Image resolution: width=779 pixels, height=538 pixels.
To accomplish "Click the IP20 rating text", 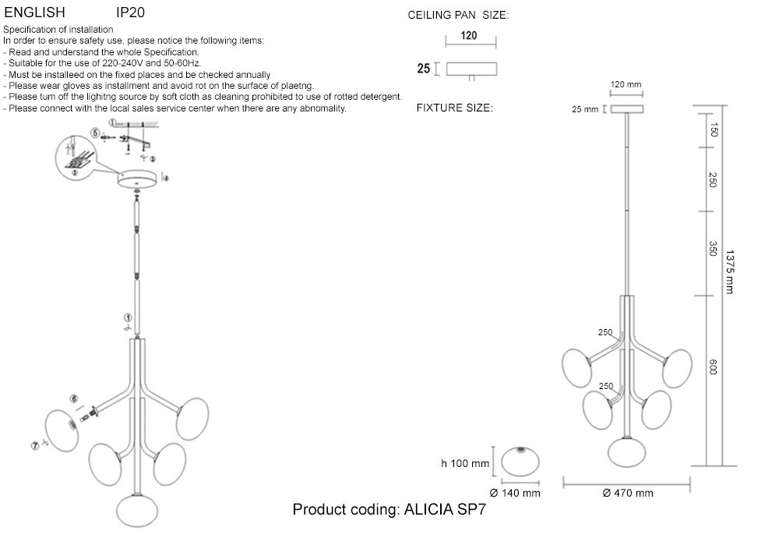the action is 130,12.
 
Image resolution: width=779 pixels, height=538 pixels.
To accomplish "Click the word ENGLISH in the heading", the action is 35,12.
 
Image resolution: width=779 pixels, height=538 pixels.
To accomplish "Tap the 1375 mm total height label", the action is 729,271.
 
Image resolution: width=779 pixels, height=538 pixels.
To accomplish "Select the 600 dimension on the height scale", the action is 713,367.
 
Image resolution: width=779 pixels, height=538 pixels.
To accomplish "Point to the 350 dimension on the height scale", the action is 713,249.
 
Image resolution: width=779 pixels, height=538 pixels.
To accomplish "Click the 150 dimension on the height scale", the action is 713,129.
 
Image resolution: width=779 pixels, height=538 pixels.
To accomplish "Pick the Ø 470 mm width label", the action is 628,494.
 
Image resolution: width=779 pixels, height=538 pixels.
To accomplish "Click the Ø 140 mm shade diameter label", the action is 515,494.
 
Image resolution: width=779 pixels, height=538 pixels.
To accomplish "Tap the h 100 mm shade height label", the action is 465,463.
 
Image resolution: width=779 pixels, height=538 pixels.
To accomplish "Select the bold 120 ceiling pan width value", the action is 468,35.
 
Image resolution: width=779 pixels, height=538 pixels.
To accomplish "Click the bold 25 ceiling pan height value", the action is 423,69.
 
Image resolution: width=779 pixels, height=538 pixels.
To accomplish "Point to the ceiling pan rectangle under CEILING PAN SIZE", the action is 471,69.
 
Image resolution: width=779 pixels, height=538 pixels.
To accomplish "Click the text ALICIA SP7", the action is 445,510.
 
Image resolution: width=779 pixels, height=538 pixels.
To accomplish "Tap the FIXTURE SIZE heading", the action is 455,108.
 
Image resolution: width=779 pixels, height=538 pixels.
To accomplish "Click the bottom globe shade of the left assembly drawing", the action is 137,511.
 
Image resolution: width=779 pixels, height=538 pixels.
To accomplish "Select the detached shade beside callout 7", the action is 62,431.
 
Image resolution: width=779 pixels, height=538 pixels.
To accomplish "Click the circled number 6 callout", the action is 74,398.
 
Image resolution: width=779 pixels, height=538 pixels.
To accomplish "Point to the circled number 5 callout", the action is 95,133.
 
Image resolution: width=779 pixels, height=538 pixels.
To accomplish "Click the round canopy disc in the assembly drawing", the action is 137,179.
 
